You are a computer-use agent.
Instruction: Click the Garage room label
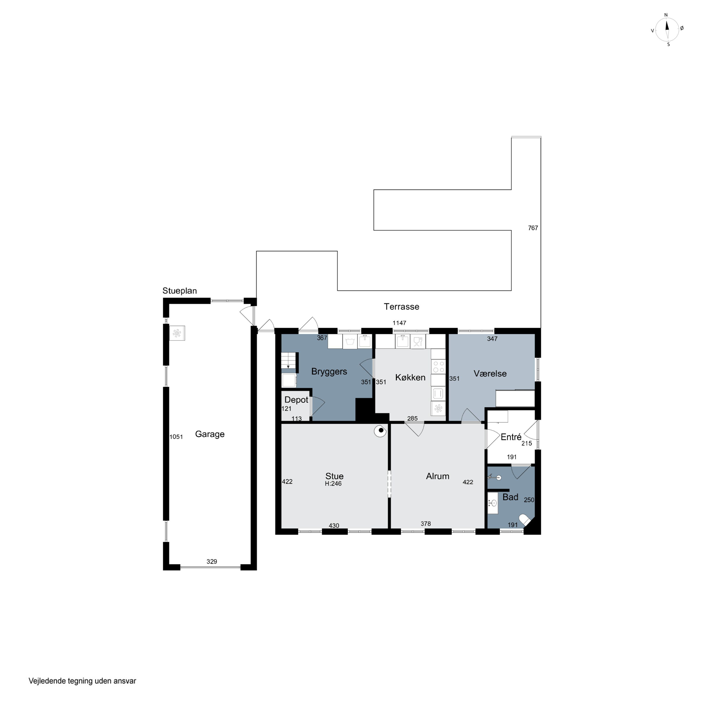pyautogui.click(x=210, y=434)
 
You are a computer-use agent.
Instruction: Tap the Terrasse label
pyautogui.click(x=401, y=306)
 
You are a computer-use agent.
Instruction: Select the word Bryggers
pyautogui.click(x=329, y=372)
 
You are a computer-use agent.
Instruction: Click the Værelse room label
pyautogui.click(x=490, y=374)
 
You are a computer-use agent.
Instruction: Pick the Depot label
pyautogui.click(x=296, y=400)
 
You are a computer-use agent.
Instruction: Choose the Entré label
pyautogui.click(x=511, y=437)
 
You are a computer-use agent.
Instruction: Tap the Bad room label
pyautogui.click(x=510, y=497)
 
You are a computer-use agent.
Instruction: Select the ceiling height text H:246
pyautogui.click(x=333, y=484)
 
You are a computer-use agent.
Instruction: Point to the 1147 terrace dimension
pyautogui.click(x=399, y=323)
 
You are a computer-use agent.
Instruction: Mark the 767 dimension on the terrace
pyautogui.click(x=533, y=228)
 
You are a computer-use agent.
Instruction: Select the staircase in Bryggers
pyautogui.click(x=288, y=361)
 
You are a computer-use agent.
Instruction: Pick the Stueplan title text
pyautogui.click(x=180, y=291)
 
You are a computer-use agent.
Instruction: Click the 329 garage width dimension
pyautogui.click(x=212, y=562)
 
